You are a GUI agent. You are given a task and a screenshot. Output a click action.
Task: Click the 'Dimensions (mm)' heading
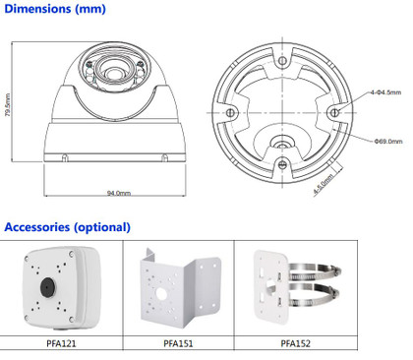coord(55,9)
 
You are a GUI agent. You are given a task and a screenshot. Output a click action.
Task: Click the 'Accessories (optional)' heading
coord(68,227)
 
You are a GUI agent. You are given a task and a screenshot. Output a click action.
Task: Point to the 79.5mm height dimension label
coord(8,104)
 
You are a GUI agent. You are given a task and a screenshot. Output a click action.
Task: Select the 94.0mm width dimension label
coord(119,193)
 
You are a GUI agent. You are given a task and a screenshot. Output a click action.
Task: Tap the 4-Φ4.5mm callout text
coord(385,92)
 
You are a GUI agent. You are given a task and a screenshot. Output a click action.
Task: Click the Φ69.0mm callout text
coord(388,142)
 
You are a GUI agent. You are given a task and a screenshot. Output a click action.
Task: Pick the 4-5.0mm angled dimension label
coord(324,184)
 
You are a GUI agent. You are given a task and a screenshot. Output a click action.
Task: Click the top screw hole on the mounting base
coord(282,61)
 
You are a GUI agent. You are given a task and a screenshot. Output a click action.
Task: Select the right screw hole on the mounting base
coord(334,113)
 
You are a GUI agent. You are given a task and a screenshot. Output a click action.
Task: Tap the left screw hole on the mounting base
coord(230,113)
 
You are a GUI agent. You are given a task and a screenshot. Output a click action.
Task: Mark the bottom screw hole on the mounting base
coord(282,164)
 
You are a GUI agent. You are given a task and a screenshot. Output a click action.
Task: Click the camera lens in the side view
coord(113,73)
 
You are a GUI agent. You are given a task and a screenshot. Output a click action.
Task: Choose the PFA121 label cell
coord(61,343)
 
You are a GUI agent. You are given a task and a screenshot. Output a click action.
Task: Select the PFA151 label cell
coord(179,343)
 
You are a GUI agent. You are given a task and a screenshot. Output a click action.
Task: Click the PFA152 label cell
coord(296,343)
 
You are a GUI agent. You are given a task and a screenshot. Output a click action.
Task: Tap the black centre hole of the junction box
coord(47,287)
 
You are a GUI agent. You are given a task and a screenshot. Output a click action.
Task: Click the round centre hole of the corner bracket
coord(161,294)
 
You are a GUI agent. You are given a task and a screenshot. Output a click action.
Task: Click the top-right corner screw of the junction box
coord(71,254)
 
